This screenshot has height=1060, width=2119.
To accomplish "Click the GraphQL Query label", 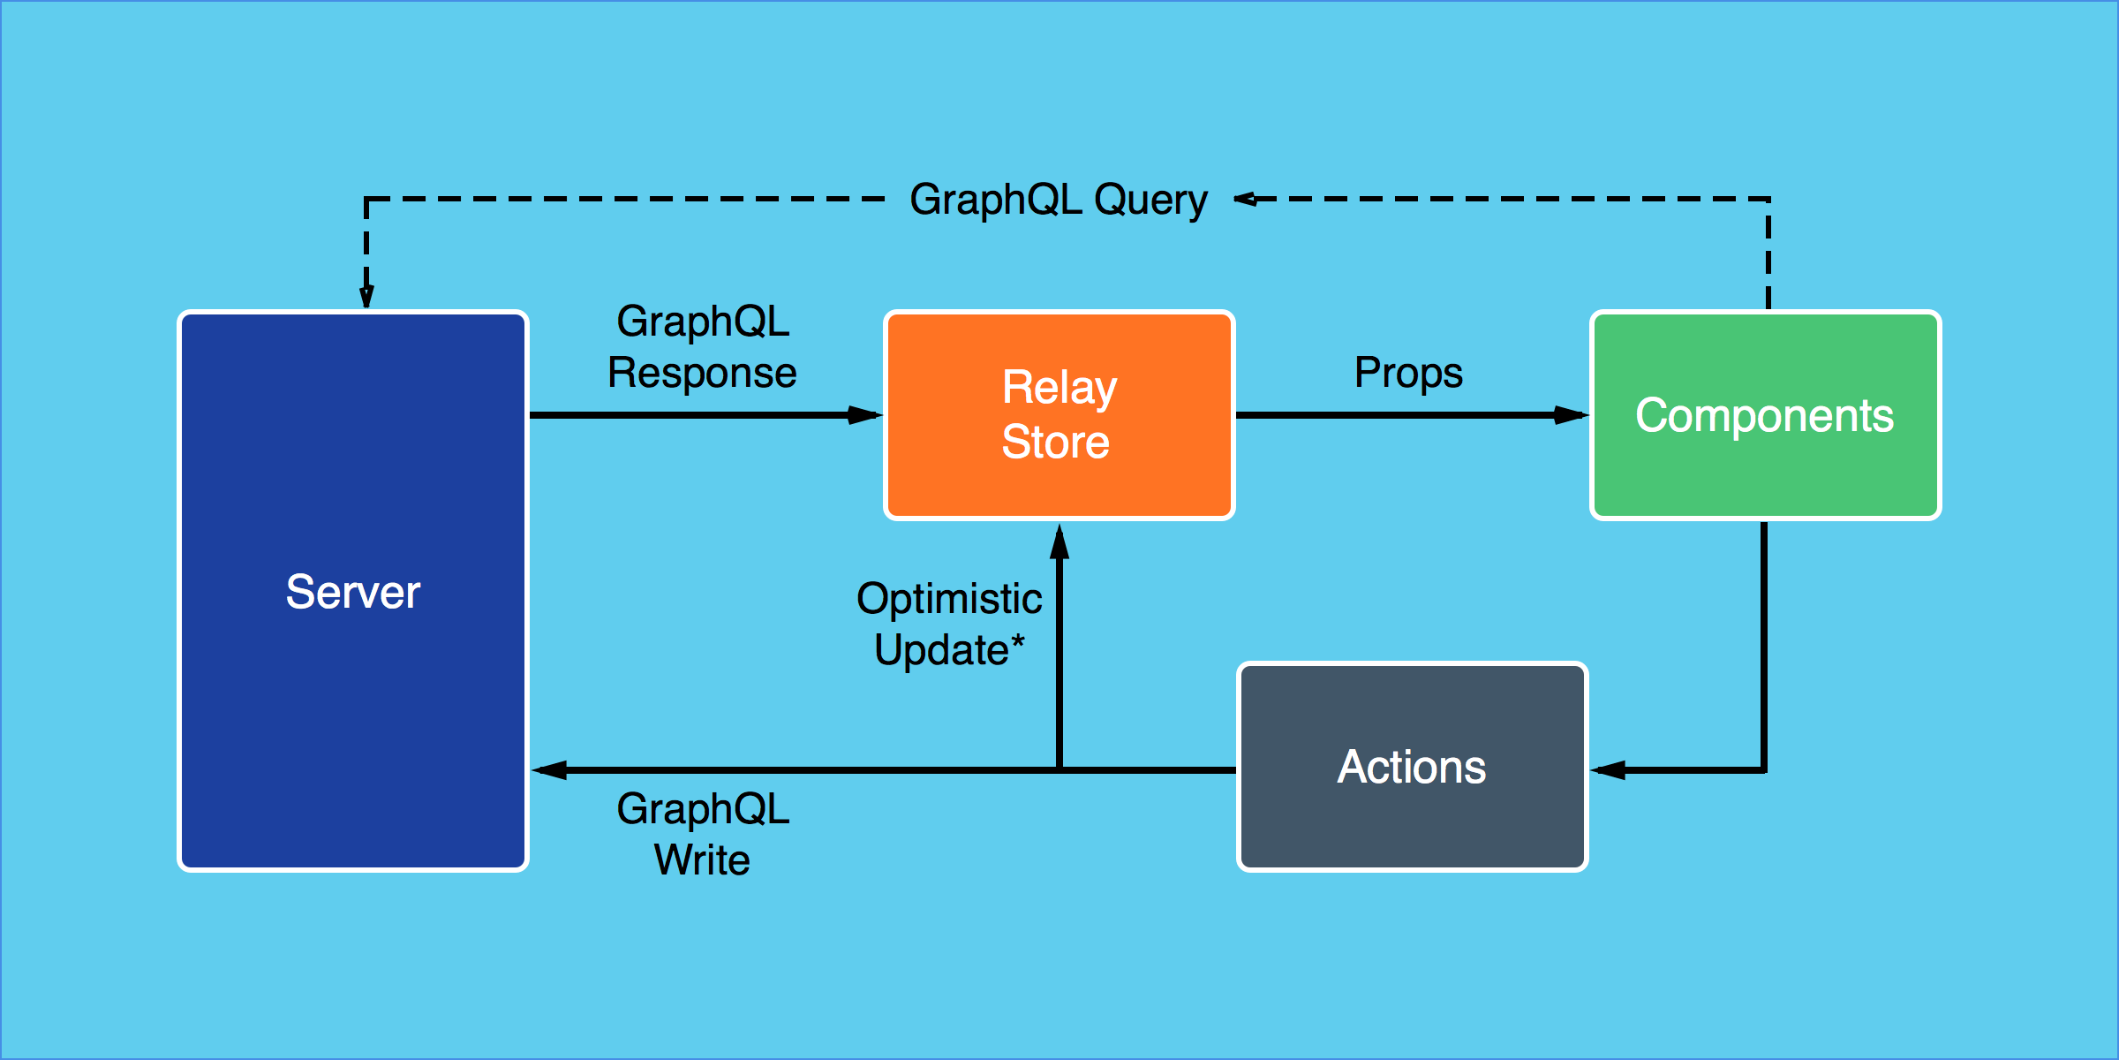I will [x=1058, y=200].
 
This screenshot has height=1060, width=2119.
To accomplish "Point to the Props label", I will [x=1408, y=372].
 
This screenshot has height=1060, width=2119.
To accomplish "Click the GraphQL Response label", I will [x=702, y=347].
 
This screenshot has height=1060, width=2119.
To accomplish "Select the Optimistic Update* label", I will [x=949, y=624].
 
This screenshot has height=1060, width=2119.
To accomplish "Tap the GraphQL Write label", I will [x=702, y=834].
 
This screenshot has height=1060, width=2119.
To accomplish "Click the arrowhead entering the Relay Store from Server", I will [x=865, y=414].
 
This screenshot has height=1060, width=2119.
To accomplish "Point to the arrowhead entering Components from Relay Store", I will [x=1572, y=414].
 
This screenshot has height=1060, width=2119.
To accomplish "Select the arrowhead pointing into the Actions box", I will [x=1609, y=770].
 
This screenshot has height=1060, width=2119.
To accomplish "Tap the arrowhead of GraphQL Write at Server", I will [x=549, y=770].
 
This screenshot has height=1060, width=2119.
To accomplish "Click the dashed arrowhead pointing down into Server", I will [x=366, y=296].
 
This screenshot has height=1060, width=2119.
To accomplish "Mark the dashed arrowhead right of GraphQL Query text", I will [x=1246, y=199].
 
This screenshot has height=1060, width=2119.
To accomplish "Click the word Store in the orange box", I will [x=1055, y=442].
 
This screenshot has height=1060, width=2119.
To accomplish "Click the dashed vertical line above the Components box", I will [x=1768, y=256].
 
